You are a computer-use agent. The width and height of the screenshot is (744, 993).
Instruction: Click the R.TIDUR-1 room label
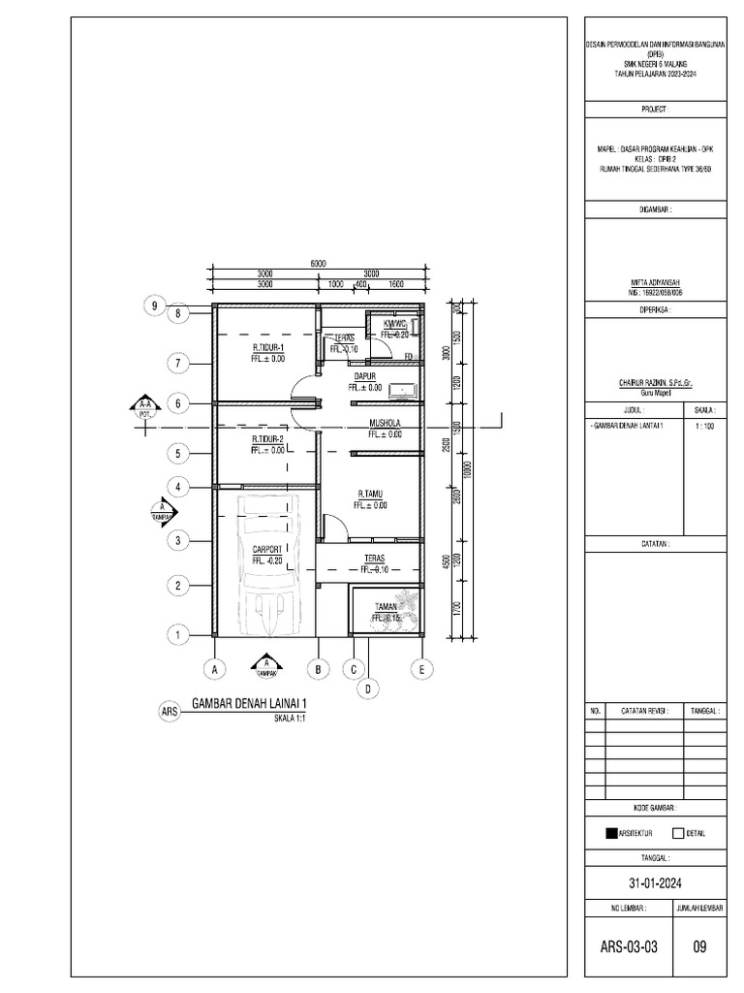pos(268,346)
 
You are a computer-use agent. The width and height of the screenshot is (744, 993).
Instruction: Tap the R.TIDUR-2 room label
pos(268,438)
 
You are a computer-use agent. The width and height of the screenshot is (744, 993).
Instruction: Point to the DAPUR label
pos(364,375)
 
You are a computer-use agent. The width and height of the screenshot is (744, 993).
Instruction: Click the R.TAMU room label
pos(372,493)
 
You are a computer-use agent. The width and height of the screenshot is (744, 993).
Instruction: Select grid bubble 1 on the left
pos(178,635)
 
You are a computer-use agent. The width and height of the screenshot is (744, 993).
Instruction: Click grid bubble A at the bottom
pos(216,668)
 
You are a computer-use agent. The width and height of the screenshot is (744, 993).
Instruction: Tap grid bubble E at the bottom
pos(421,668)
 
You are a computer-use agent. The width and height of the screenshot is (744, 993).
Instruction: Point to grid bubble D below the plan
pos(368,689)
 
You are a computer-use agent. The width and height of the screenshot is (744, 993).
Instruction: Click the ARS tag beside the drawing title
pos(170,712)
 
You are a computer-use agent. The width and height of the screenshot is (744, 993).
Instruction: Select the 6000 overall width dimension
pos(318,263)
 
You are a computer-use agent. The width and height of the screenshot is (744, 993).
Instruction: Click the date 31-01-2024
pos(656,881)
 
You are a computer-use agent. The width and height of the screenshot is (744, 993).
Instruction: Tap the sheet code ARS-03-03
pos(630,946)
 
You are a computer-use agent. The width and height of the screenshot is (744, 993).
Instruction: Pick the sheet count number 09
pos(699,946)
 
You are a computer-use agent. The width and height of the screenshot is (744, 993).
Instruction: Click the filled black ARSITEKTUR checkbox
pos(611,832)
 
